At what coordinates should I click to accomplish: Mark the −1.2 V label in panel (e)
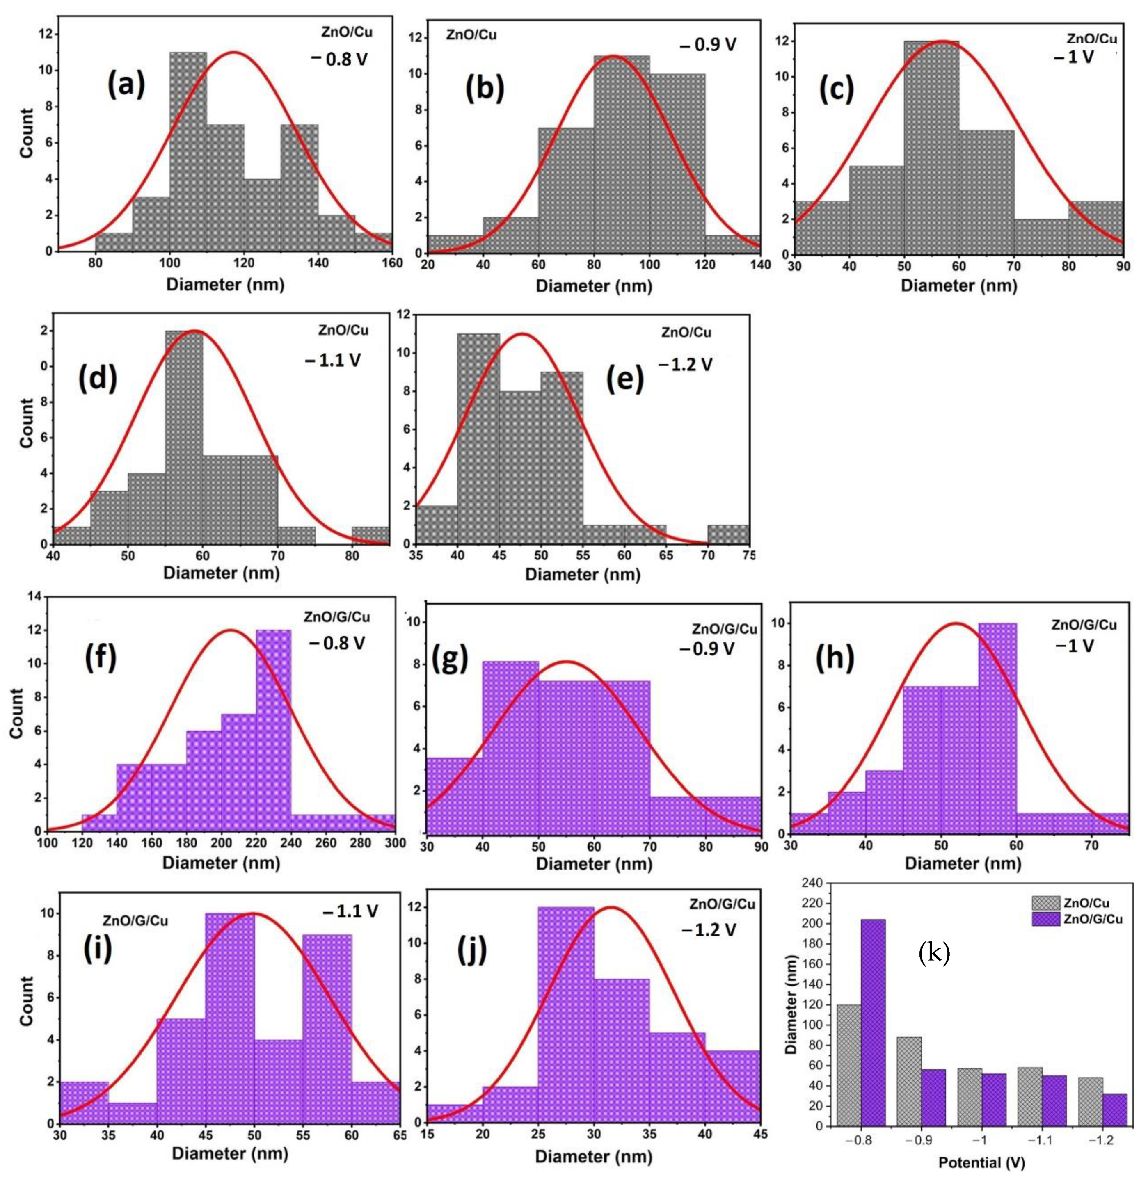[685, 365]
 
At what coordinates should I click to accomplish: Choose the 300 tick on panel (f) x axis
[395, 843]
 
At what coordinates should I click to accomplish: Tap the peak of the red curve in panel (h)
[956, 623]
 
